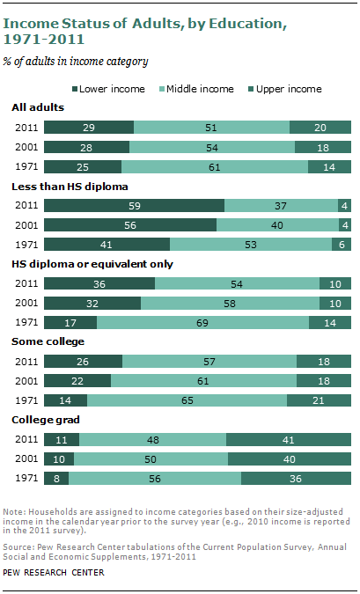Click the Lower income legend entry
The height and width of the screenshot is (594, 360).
108,89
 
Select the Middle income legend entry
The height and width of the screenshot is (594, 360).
196,89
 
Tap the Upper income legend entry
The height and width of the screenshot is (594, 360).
285,89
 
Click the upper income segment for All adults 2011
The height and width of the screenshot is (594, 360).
320,128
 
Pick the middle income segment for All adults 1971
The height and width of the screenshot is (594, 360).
215,166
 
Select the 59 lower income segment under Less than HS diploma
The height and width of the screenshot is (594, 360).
134,206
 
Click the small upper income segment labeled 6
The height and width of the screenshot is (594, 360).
342,245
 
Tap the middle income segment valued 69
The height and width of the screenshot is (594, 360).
202,322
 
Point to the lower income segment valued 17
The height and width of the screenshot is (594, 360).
70,322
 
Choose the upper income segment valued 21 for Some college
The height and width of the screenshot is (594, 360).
319,400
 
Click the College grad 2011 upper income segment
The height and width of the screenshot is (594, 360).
289,439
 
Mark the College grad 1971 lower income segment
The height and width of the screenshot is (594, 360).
56,478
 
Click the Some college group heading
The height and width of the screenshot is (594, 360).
48,341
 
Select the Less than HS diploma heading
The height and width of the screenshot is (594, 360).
70,187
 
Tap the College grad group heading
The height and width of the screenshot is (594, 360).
46,420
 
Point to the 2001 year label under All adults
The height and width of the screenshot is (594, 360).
26,147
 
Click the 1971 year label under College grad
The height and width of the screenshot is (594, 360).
26,478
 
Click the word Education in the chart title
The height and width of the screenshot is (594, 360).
247,24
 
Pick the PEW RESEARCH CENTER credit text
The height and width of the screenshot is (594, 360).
54,572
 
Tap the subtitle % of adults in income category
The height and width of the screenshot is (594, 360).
76,62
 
